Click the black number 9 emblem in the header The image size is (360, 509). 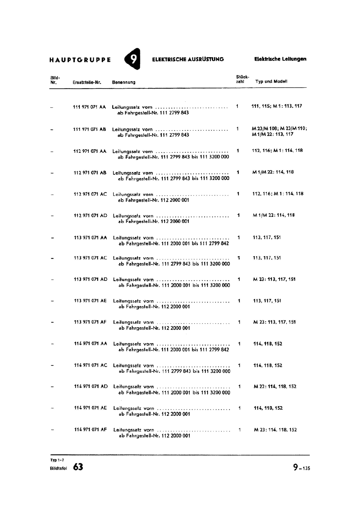tap(133, 59)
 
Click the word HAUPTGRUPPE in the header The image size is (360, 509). tap(80, 60)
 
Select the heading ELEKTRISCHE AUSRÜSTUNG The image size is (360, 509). tap(188, 59)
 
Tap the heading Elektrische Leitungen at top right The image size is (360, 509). tap(280, 59)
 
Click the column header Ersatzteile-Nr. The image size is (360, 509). tap(87, 82)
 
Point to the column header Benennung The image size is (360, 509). tap(124, 82)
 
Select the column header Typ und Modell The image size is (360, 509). tap(271, 81)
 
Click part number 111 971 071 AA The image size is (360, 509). tap(89, 107)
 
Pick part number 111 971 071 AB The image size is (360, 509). tap(89, 129)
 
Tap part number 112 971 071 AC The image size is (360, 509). tap(90, 194)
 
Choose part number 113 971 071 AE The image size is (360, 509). tap(90, 301)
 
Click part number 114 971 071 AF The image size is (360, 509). tap(90, 429)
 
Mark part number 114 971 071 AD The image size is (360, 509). tap(91, 387)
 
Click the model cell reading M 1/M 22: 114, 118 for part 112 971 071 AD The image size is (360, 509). tap(274, 215)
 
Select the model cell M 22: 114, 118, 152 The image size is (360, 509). tap(275, 387)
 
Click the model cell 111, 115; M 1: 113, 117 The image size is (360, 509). tap(277, 106)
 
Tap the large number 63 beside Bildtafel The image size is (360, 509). tap(78, 467)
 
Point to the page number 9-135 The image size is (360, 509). tap(301, 467)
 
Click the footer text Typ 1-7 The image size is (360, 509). tap(57, 460)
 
